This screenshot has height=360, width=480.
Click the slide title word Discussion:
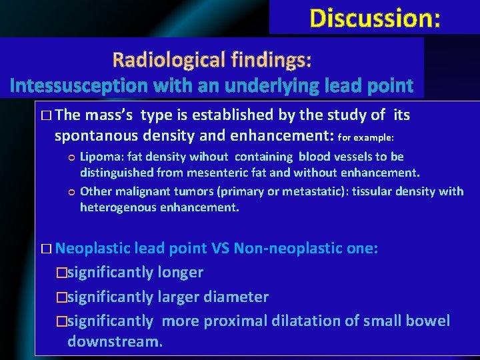[x=375, y=18]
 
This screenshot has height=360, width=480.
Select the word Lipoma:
[x=99, y=157]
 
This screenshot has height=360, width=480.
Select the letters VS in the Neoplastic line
[x=219, y=249]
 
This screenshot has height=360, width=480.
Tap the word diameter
[x=237, y=297]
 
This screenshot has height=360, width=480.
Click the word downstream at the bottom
[x=114, y=343]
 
